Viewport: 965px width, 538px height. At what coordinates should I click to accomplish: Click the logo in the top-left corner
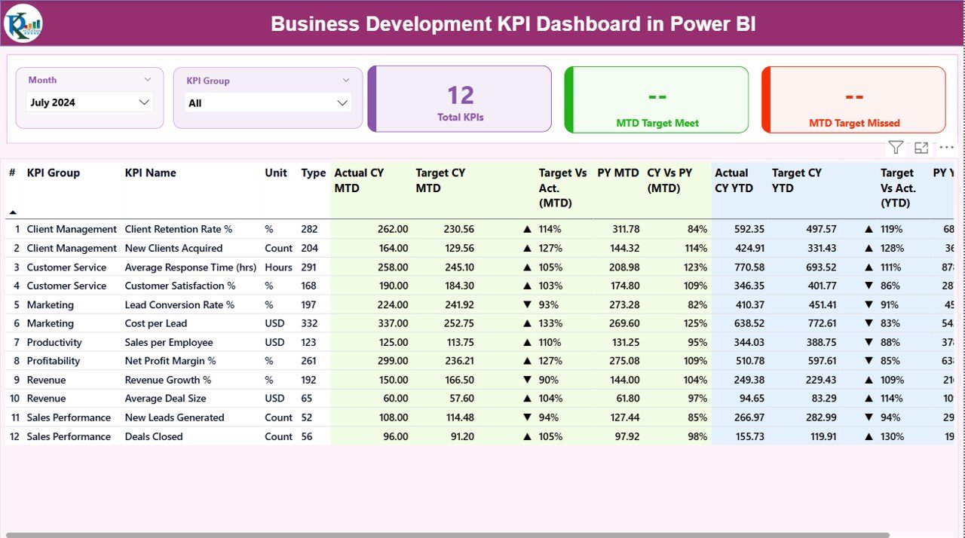point(23,23)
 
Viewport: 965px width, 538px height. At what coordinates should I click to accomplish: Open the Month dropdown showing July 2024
point(90,102)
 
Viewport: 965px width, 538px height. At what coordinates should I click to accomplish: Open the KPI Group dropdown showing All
point(268,103)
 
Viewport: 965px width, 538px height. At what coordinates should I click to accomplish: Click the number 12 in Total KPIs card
point(460,95)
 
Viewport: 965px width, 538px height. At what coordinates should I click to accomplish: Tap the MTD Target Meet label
point(657,123)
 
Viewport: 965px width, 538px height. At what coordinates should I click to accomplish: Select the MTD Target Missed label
point(854,123)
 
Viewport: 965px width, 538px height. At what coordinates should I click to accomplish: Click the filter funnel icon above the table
point(895,148)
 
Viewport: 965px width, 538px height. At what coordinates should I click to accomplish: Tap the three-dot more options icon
point(946,148)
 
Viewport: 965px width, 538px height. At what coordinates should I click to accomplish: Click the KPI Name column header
point(150,173)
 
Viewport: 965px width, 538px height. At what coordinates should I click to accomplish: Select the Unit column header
point(276,173)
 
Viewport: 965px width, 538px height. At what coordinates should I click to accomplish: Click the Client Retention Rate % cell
point(179,229)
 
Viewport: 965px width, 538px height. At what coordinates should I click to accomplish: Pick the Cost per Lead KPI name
point(156,323)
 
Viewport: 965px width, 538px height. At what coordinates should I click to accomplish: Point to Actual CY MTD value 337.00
point(392,323)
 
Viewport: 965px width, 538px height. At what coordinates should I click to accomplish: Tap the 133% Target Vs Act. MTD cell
point(550,323)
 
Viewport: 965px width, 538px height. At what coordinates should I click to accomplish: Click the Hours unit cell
point(278,267)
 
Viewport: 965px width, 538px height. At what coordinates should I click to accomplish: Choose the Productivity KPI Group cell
point(54,342)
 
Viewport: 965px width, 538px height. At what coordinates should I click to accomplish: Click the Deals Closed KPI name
point(154,436)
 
